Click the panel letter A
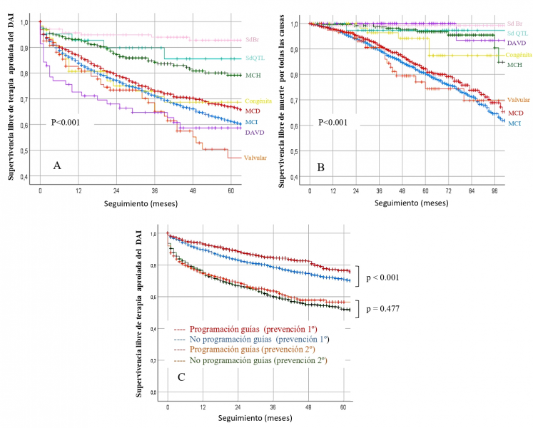[x=56, y=165]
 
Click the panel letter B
[x=321, y=167]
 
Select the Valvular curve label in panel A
[x=255, y=157]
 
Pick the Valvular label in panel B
[x=517, y=101]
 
